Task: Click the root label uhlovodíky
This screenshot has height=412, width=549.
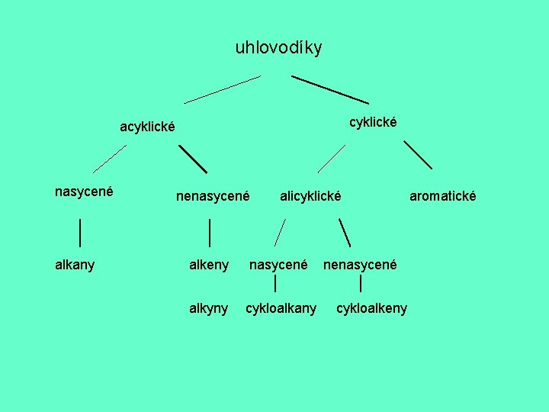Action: [x=278, y=48]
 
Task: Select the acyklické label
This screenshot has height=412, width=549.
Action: [x=148, y=127]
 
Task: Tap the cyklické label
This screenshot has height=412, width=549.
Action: [x=373, y=122]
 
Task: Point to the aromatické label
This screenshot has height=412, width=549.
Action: [x=442, y=196]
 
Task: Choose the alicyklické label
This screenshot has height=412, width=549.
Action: [x=310, y=196]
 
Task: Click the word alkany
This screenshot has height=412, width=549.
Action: [x=75, y=265]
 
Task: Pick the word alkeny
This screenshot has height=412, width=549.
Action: [x=208, y=265]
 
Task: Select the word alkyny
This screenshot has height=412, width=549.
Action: [x=208, y=308]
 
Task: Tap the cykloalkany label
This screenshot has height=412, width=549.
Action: [x=281, y=308]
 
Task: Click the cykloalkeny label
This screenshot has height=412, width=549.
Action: [x=371, y=308]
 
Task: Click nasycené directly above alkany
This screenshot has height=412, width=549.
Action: [x=84, y=192]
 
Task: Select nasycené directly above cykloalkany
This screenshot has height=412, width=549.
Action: [x=278, y=265]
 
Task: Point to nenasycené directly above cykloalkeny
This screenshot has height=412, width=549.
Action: [x=360, y=265]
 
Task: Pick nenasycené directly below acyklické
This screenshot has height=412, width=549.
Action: [x=213, y=196]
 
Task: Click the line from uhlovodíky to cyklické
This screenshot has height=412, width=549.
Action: [x=330, y=89]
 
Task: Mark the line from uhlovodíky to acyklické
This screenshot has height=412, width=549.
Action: [x=222, y=89]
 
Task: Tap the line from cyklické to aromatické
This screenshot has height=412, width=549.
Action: [x=418, y=154]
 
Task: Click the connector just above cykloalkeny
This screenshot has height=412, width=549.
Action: [x=360, y=285]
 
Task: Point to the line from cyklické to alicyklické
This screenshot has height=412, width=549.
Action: [x=332, y=158]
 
